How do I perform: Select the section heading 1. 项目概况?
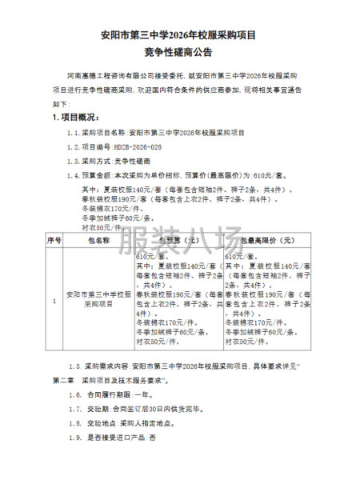(77, 118)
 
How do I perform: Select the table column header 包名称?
(98, 239)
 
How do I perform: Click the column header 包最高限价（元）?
(260, 239)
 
